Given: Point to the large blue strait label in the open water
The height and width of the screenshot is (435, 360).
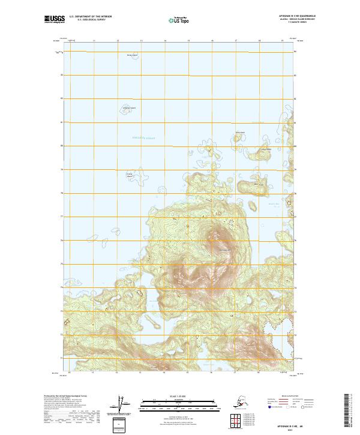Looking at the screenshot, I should [143, 139].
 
